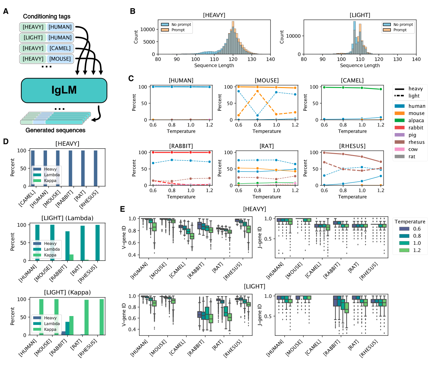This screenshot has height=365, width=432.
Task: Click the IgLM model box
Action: click(x=64, y=90)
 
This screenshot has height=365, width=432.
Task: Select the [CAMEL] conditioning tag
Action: click(x=60, y=48)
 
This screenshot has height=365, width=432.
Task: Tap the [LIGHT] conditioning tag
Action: click(x=33, y=38)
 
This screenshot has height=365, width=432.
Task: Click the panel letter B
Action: click(x=132, y=11)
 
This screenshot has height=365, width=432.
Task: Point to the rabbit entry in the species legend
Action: click(x=416, y=128)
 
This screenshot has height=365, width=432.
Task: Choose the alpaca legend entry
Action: click(x=416, y=121)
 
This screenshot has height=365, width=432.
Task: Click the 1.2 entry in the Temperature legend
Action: click(x=417, y=250)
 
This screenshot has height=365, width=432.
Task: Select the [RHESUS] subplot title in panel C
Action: click(x=352, y=146)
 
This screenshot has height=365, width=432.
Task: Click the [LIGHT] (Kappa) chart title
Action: click(x=67, y=292)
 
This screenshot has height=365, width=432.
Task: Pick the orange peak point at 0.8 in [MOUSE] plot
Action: click(x=257, y=91)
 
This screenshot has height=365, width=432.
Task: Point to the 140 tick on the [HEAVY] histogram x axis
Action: click(x=271, y=59)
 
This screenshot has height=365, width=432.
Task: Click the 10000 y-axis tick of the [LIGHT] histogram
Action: click(x=293, y=36)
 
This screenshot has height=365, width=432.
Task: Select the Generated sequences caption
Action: click(x=55, y=130)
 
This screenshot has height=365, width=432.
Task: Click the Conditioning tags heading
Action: click(x=47, y=16)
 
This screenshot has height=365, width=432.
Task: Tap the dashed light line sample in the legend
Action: click(x=399, y=96)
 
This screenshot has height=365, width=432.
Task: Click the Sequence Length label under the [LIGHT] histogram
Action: click(x=360, y=66)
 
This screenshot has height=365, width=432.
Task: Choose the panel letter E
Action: click(x=123, y=209)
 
